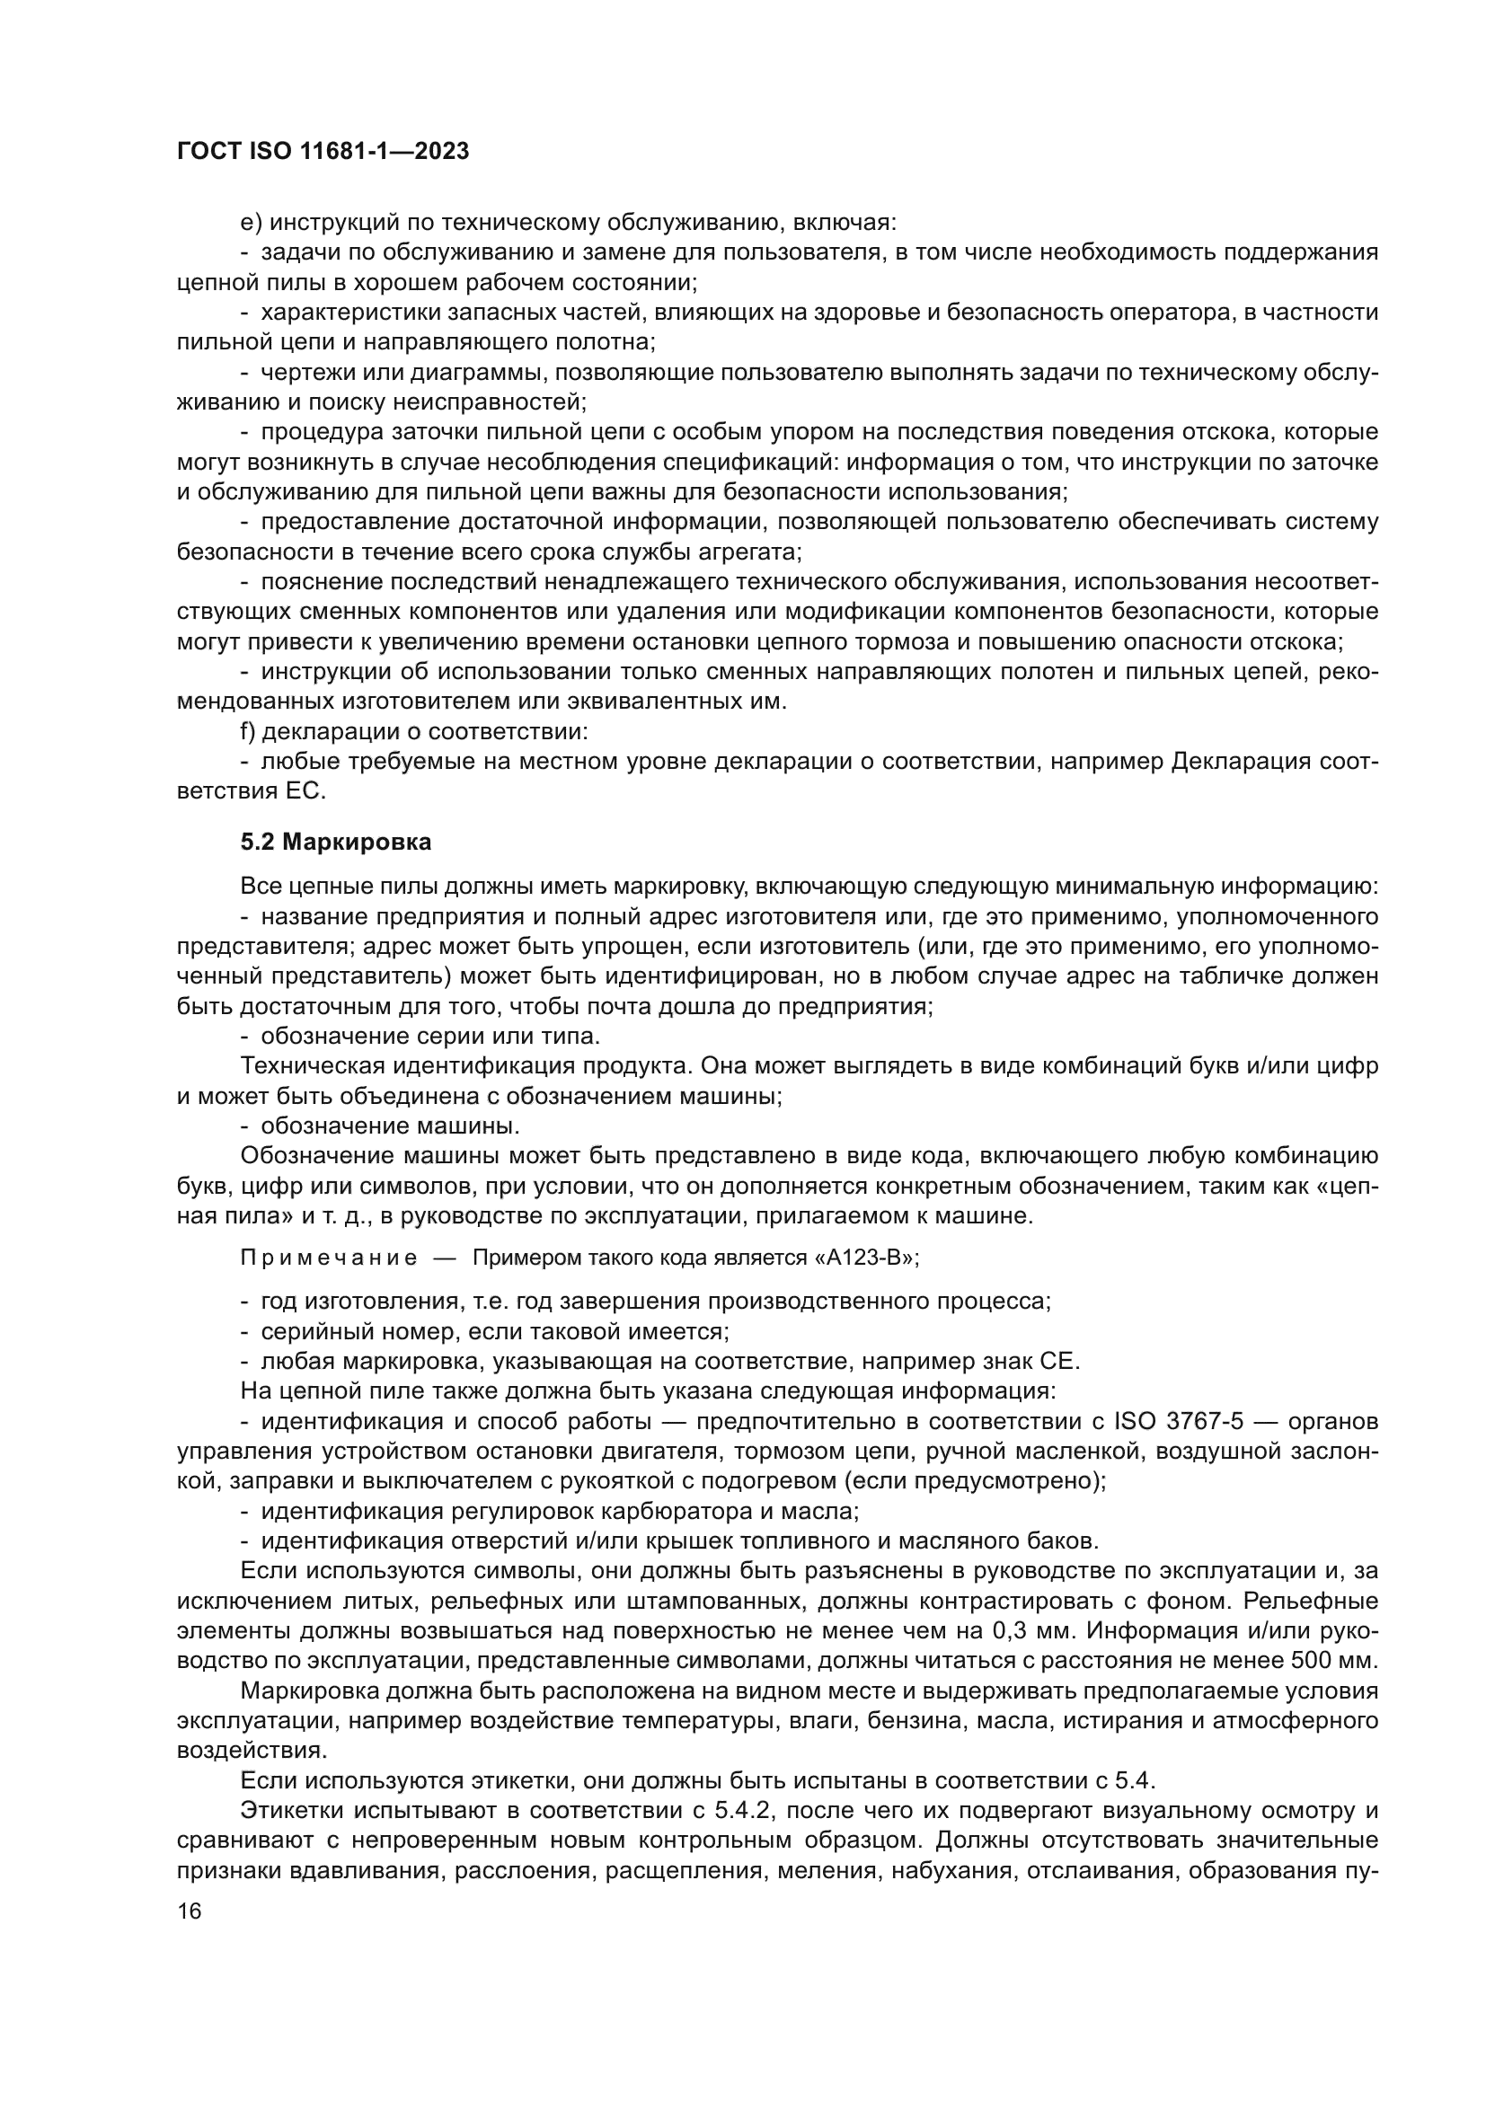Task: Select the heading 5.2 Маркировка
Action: (336, 843)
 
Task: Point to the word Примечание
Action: (329, 1258)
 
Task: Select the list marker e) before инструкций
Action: (251, 223)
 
